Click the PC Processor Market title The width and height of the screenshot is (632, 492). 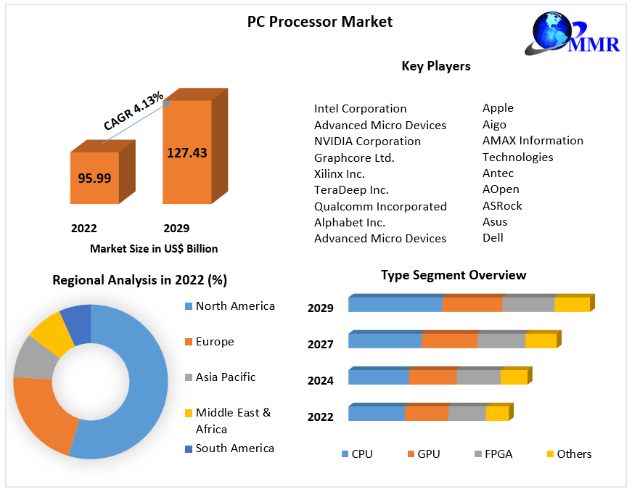(x=319, y=22)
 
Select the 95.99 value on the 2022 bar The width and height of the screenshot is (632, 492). (x=94, y=178)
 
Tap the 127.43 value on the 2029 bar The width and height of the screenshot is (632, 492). (x=186, y=152)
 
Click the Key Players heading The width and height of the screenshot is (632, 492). (x=435, y=66)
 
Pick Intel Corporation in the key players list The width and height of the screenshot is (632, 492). (x=360, y=109)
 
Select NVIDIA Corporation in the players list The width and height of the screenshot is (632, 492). (x=367, y=142)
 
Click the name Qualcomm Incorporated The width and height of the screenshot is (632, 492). (x=380, y=206)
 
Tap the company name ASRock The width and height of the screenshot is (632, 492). (x=502, y=205)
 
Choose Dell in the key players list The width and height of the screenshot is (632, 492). (x=493, y=237)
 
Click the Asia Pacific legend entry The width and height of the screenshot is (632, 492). (x=225, y=377)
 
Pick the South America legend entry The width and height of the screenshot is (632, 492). (x=234, y=448)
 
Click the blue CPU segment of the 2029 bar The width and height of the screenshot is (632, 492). (x=395, y=305)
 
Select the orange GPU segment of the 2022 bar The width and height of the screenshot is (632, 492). (x=426, y=414)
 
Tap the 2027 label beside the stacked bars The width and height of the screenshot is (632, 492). (x=321, y=344)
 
